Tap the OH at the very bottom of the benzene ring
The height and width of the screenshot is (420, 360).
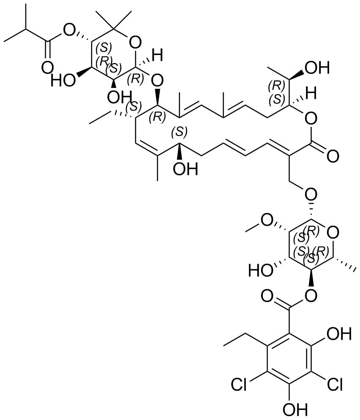(289, 409)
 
